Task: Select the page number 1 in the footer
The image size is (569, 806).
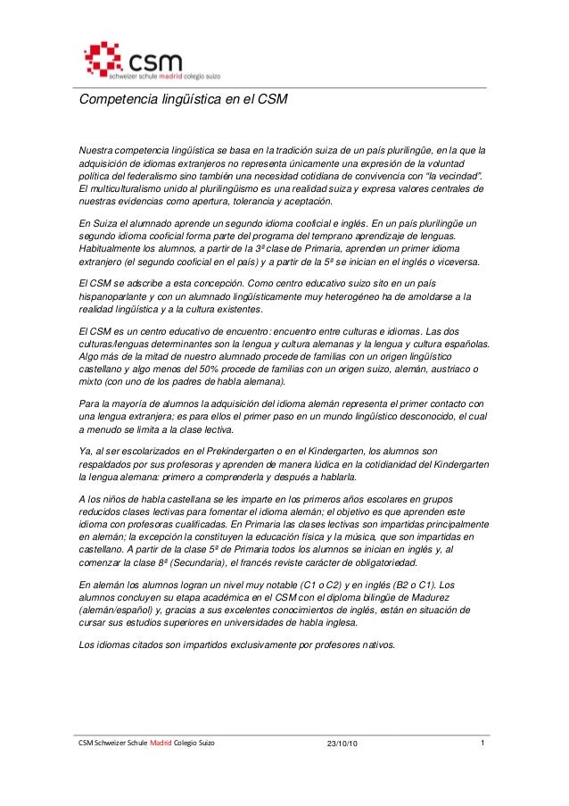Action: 482,743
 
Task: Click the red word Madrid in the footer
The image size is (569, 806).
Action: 161,744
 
